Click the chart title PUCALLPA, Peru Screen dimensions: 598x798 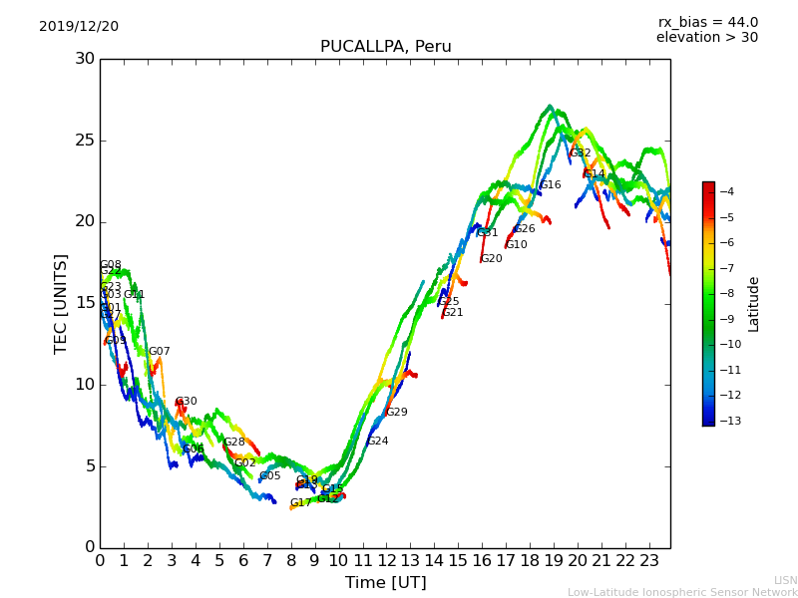pos(385,47)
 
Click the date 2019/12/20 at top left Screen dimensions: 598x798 pos(79,27)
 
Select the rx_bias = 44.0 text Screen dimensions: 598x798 pos(707,23)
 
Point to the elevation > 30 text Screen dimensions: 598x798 pos(706,38)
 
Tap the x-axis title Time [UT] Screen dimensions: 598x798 pos(385,583)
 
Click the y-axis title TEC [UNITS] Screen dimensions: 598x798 pos(61,303)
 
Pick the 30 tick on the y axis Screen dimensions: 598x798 pos(85,59)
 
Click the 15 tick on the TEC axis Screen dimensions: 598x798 pos(85,303)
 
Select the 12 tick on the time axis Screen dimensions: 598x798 pos(386,560)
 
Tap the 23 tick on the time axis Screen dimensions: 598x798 pos(648,560)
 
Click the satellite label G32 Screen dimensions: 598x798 pos(581,153)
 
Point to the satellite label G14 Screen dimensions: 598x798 pos(595,174)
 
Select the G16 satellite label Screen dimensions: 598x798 pos(551,185)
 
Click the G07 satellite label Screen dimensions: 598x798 pos(160,352)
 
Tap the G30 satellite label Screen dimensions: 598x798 pos(187,402)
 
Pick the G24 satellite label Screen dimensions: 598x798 pos(378,442)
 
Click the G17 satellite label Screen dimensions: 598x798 pos(301,503)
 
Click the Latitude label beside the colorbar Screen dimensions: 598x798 pos(754,304)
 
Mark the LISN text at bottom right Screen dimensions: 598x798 pos(785,580)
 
